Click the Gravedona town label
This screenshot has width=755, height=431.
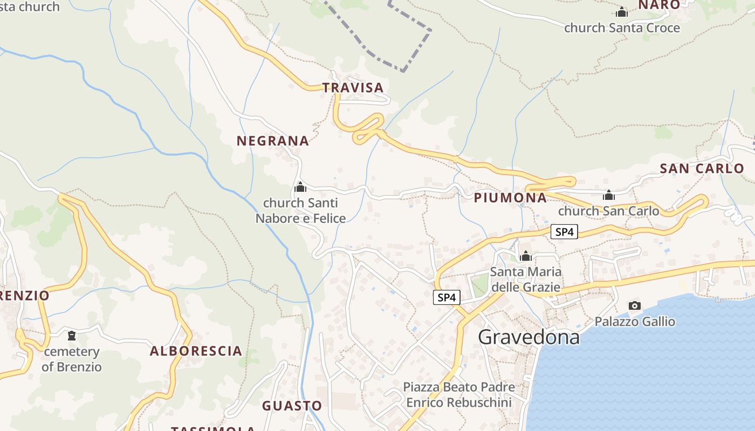point(528,337)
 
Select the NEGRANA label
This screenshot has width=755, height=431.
point(273,141)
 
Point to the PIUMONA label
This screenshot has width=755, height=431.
point(510,198)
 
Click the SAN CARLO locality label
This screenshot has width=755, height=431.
point(702,168)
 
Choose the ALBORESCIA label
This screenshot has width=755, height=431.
point(196,351)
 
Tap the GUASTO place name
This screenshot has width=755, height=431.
point(292,406)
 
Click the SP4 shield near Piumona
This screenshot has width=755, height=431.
point(564,232)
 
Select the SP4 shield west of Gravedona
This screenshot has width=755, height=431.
point(447,297)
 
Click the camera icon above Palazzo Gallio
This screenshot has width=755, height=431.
point(635,306)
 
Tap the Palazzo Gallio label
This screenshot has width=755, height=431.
point(635,322)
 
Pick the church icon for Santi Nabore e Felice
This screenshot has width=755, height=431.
point(300,187)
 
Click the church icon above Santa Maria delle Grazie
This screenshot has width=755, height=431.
point(526,256)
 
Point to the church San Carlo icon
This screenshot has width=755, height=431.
point(609,195)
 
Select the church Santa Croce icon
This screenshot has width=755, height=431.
point(622,12)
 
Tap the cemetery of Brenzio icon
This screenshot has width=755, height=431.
point(71,336)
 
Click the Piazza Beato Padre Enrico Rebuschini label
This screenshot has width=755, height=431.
point(459,395)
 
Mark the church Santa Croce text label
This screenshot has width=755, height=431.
point(622,27)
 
